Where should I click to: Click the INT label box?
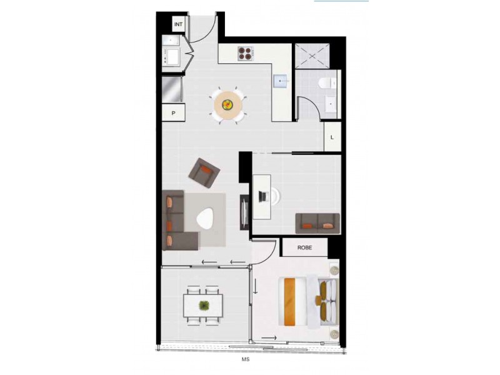point(179,24)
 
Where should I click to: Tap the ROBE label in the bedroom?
point(304,247)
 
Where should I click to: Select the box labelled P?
point(171,113)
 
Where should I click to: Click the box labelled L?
point(332,136)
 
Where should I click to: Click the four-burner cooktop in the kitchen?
point(245,54)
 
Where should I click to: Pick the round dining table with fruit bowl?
point(228,104)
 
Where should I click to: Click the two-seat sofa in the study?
point(317,222)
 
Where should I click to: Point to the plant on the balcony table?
point(204,306)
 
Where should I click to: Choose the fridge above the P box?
point(171,89)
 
